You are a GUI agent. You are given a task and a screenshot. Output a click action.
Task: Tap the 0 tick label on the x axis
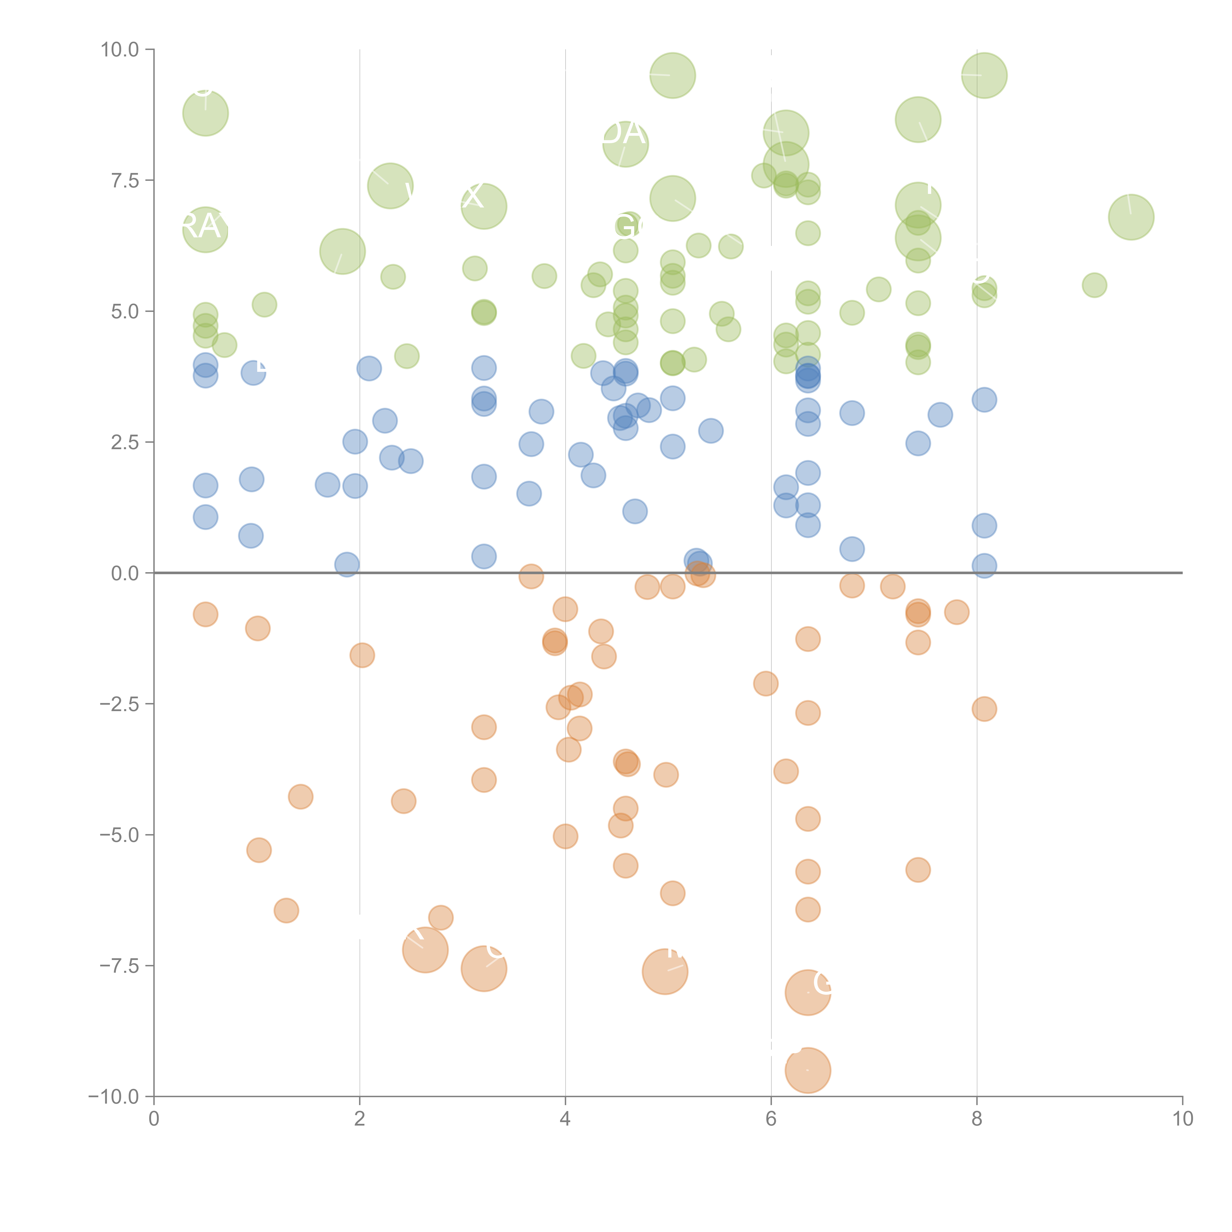tap(154, 1118)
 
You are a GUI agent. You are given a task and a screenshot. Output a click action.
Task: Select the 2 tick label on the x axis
tap(360, 1118)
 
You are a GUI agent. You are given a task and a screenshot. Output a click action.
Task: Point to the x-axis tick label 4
tap(565, 1118)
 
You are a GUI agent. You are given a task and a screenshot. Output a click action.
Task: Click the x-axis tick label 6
tap(771, 1118)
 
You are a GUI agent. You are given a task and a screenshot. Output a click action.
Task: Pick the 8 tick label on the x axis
tap(977, 1118)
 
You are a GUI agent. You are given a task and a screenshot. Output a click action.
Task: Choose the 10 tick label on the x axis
tap(1182, 1118)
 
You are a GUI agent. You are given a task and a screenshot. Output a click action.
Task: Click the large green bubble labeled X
tap(484, 206)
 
